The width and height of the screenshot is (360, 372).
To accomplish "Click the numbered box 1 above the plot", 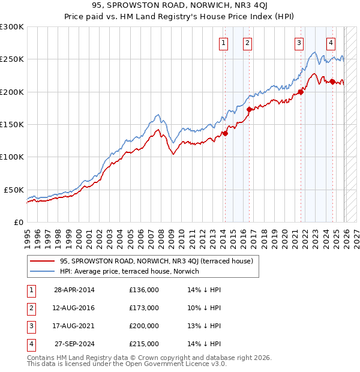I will [x=223, y=43].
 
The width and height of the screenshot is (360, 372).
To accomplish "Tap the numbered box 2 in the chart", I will [x=247, y=43].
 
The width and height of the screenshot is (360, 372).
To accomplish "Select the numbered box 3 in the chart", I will [x=298, y=43].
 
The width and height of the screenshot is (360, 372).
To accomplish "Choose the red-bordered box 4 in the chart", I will [x=331, y=43].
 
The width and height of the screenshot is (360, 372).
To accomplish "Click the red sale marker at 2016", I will [x=249, y=109].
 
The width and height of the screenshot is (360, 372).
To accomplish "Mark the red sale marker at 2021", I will [x=301, y=92].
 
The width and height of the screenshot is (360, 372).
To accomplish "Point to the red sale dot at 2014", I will [x=226, y=133].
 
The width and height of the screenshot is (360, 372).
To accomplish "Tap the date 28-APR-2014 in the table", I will [x=74, y=290].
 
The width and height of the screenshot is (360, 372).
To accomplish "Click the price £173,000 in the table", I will [x=144, y=308].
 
